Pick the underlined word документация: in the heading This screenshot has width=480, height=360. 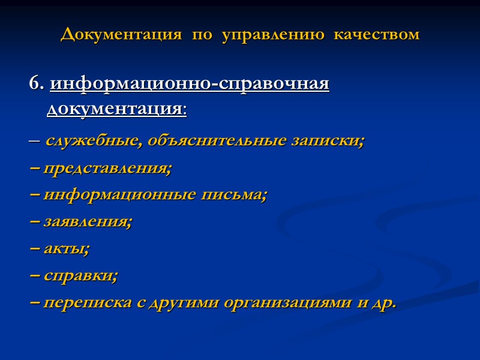coord(117,110)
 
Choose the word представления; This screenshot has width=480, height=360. coord(107,169)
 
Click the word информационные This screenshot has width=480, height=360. coord(119,195)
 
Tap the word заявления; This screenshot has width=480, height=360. coord(88,221)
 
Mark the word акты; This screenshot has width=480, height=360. coord(67,248)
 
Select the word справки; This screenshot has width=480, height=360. coord(81,275)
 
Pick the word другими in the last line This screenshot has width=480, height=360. coord(193,302)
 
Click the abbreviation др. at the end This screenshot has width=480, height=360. coord(385,302)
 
